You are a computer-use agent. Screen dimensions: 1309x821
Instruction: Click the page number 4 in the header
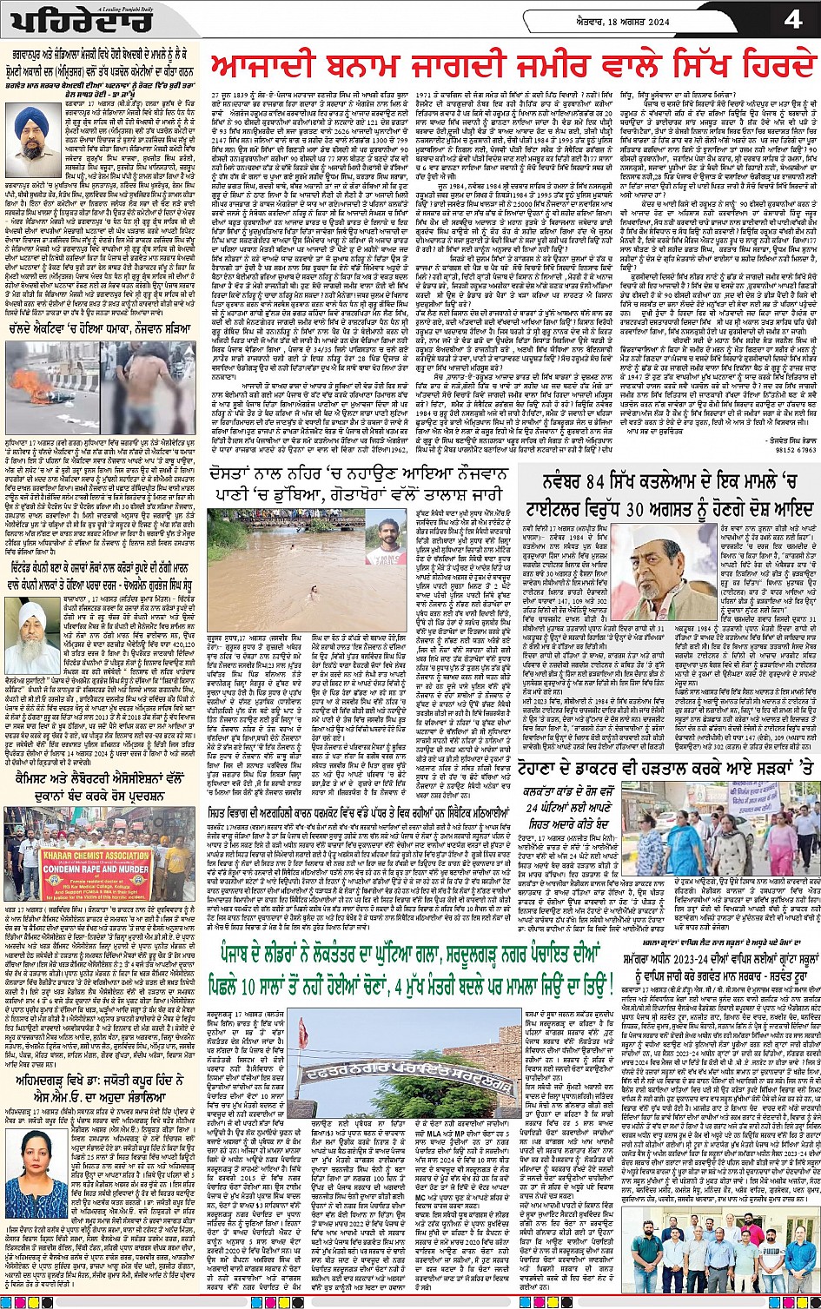click(x=793, y=19)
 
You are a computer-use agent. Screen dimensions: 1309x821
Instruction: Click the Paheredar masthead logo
click(x=60, y=21)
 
